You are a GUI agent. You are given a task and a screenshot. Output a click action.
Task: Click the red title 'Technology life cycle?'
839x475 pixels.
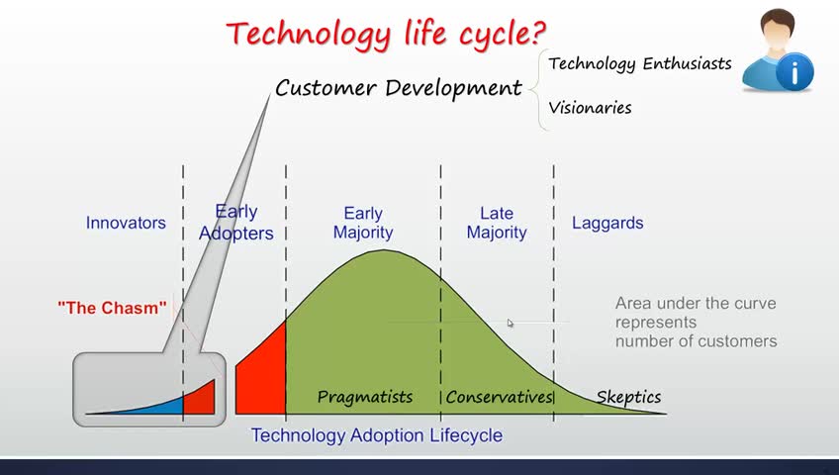coord(386,35)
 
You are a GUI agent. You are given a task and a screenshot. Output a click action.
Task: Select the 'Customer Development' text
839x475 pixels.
coord(399,88)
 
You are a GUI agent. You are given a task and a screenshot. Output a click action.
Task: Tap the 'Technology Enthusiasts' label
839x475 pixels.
coord(640,64)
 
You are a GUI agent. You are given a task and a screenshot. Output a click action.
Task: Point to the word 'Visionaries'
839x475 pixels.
coord(591,108)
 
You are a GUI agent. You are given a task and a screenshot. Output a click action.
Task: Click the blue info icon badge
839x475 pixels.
coord(794,72)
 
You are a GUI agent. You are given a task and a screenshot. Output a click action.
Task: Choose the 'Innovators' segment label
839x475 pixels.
coord(126,223)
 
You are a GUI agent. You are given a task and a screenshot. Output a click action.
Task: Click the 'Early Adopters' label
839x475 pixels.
coord(235,223)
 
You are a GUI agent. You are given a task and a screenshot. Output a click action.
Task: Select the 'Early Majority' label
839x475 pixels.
coord(363,223)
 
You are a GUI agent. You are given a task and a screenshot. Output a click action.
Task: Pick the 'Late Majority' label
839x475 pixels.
coord(497,223)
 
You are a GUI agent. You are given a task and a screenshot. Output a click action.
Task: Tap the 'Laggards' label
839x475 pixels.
coord(607,223)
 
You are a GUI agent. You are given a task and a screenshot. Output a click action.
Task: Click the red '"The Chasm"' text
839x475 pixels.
coord(112,308)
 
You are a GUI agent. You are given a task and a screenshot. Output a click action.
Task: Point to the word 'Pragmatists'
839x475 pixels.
coord(365,397)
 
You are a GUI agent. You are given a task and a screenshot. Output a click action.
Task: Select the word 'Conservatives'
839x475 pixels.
coord(499,397)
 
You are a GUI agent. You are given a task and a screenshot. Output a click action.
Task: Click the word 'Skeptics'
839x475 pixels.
coord(628,397)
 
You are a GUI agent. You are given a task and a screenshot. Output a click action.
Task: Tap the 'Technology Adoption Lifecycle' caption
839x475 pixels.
coord(377,434)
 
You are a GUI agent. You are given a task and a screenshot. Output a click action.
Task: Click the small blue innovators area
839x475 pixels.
coord(160,407)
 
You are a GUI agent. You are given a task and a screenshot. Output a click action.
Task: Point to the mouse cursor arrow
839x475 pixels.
coord(511,323)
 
